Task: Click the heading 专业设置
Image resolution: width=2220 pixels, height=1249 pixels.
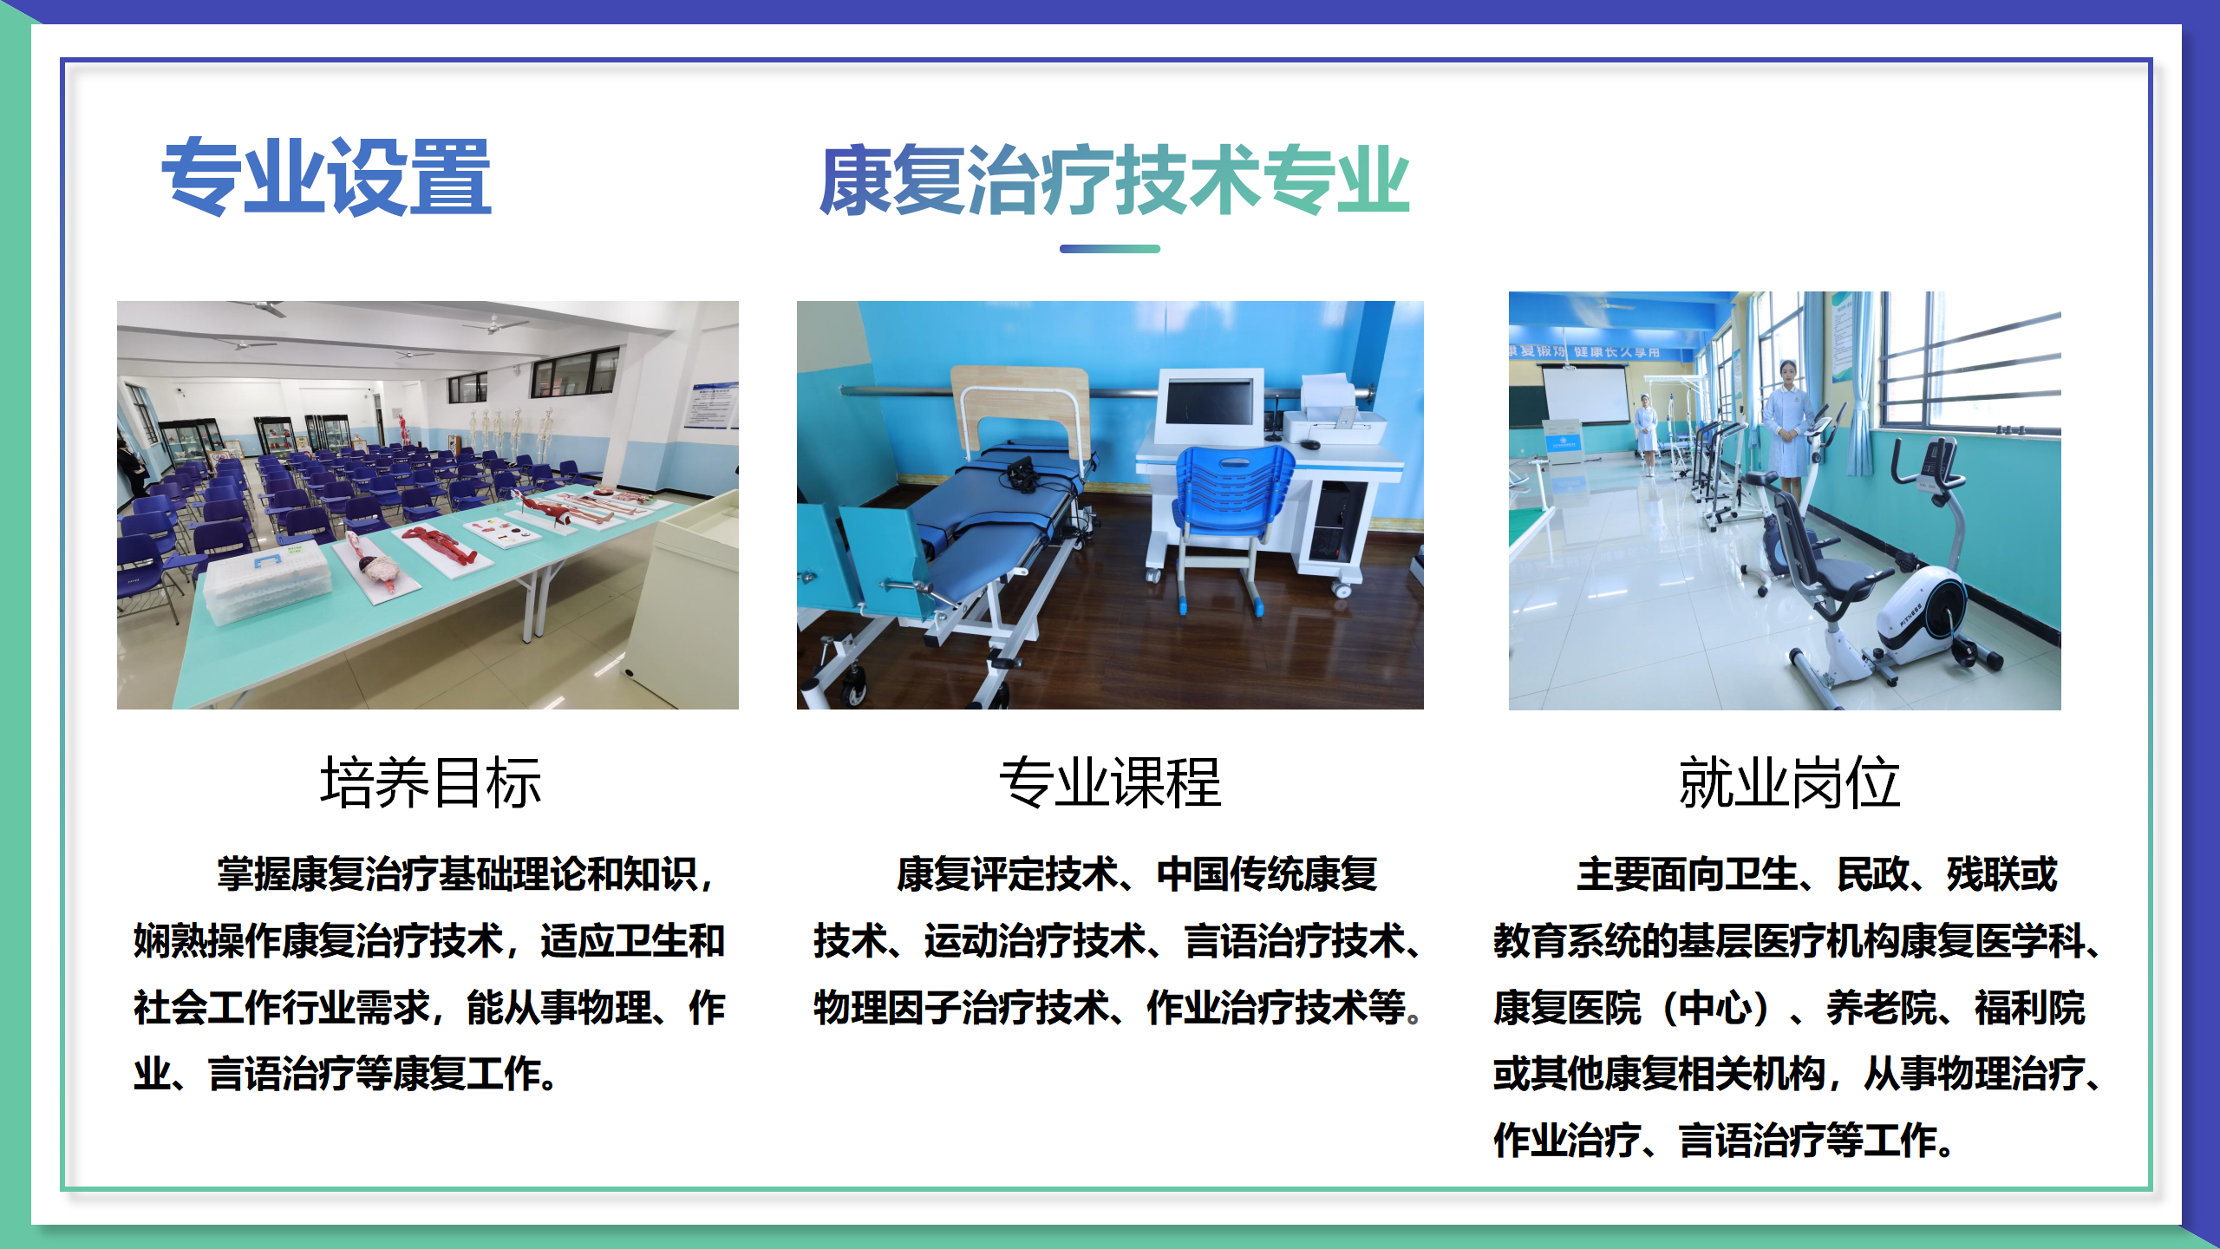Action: pos(326,177)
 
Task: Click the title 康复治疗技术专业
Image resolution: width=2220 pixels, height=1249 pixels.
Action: pos(1113,180)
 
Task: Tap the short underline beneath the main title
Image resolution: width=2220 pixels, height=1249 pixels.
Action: pos(1109,249)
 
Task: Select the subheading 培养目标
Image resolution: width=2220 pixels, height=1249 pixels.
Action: pos(430,782)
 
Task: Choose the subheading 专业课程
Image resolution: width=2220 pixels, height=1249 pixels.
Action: pos(1109,782)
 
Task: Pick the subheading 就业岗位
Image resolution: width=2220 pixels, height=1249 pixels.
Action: pos(1789,782)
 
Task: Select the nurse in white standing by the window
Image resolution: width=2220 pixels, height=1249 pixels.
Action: pos(1788,425)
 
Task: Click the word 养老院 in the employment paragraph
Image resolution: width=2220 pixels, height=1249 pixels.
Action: pos(1882,1008)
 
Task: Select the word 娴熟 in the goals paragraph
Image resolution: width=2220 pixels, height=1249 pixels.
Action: pos(170,941)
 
